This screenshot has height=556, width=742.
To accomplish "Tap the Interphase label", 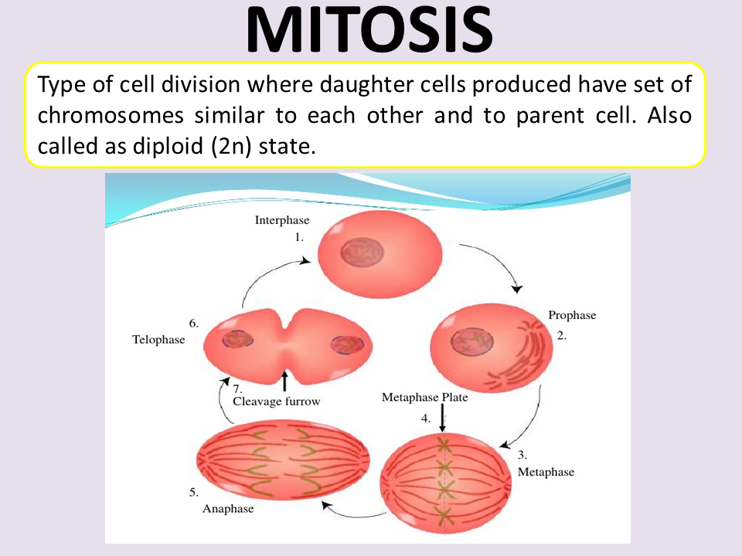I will coord(282,221).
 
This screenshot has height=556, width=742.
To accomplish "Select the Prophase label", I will coord(572,315).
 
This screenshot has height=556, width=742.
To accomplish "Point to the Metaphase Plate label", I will coord(424,398).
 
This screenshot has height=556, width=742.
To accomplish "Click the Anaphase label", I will coord(228,509).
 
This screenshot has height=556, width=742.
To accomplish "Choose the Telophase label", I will coord(158,339).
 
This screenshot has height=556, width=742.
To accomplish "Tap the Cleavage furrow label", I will coord(276,402).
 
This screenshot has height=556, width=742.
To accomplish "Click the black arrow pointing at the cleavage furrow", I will coord(285,380).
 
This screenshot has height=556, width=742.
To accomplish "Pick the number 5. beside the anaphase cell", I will coord(193,492).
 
